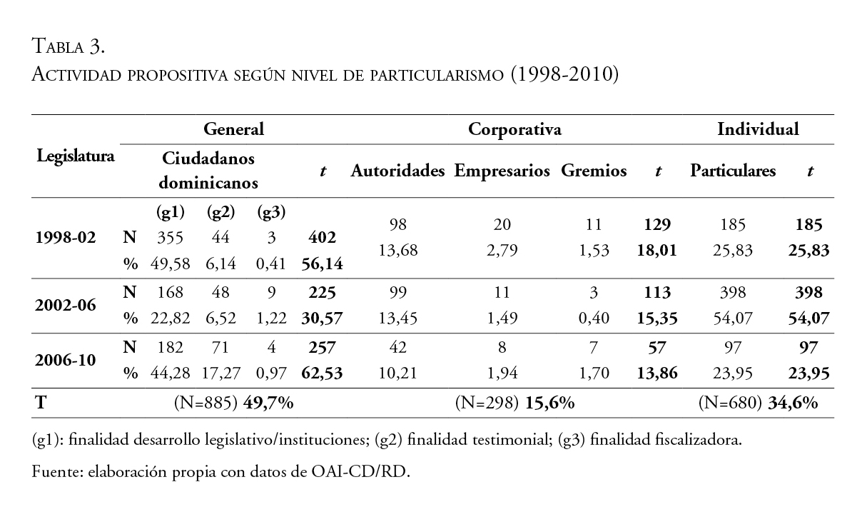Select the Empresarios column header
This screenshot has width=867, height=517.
pyautogui.click(x=502, y=172)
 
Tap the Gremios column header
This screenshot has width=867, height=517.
pyautogui.click(x=594, y=172)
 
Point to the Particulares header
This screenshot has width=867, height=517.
pyautogui.click(x=733, y=172)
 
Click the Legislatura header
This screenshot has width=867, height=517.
pyautogui.click(x=76, y=156)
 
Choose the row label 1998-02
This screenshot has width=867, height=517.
pyautogui.click(x=66, y=238)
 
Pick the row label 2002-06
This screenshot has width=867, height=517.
pyautogui.click(x=66, y=305)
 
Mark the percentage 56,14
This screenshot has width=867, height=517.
pyautogui.click(x=323, y=264)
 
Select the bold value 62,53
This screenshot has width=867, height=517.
pyautogui.click(x=323, y=373)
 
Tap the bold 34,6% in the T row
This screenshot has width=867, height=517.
pyautogui.click(x=792, y=403)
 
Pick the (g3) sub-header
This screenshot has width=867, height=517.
pyautogui.click(x=270, y=212)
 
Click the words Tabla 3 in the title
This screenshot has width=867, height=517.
pyautogui.click(x=69, y=48)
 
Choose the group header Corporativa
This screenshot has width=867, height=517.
pyautogui.click(x=514, y=130)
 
